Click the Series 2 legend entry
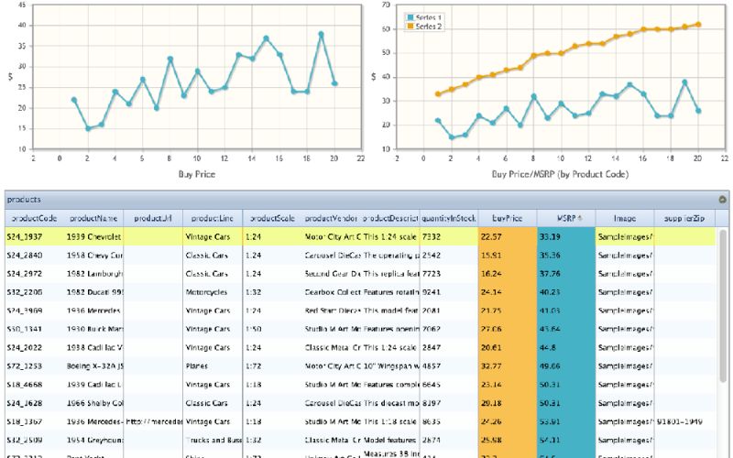[428, 27]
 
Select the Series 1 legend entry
[428, 17]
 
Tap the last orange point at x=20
[698, 25]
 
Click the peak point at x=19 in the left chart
[322, 34]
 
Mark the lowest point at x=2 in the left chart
[88, 128]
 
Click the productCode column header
[32, 218]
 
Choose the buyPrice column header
[507, 218]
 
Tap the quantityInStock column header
[449, 218]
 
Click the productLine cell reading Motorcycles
[212, 291]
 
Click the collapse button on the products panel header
[722, 199]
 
